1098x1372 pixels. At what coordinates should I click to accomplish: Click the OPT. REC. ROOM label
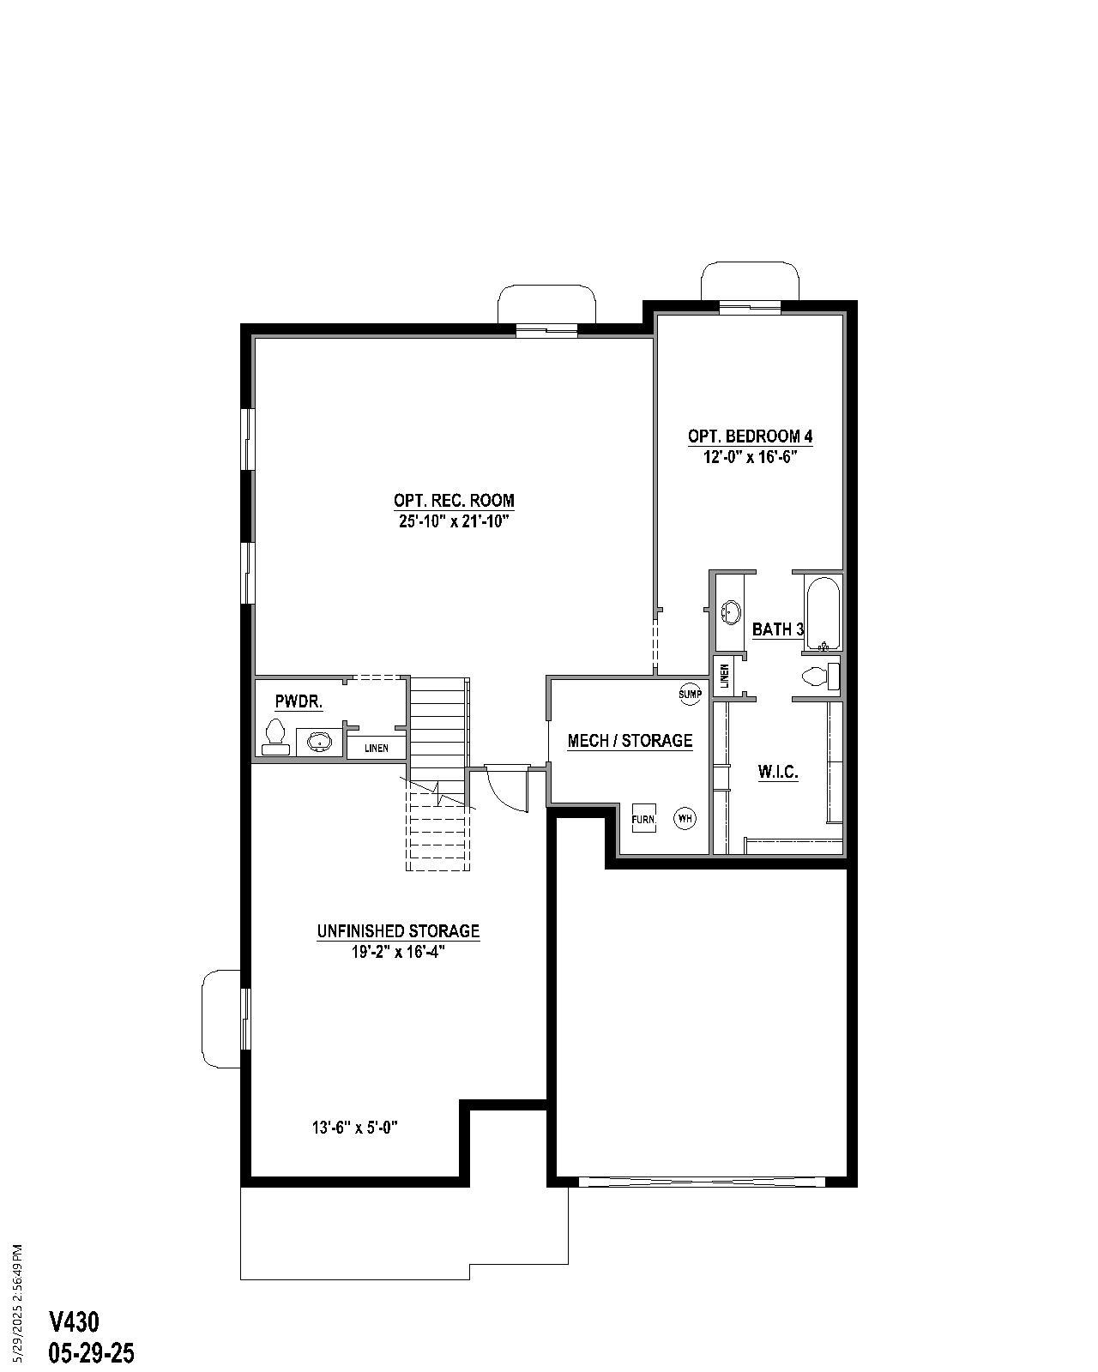(x=454, y=500)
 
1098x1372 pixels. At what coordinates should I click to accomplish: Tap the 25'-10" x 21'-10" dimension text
(x=454, y=521)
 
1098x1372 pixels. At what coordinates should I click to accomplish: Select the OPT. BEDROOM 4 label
(x=750, y=436)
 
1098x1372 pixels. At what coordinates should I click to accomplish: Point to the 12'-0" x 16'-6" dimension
(x=750, y=457)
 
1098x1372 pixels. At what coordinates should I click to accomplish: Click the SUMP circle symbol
(x=691, y=694)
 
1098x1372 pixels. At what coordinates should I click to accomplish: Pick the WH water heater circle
(x=685, y=818)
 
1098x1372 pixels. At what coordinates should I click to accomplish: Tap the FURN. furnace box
(x=643, y=819)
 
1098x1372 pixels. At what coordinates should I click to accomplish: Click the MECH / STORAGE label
(x=630, y=741)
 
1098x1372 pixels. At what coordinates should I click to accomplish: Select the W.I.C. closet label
(x=778, y=773)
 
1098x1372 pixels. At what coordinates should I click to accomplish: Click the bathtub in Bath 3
(x=823, y=613)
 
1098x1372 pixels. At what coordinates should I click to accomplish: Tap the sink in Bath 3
(x=731, y=612)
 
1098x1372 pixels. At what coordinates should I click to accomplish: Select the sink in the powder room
(x=319, y=742)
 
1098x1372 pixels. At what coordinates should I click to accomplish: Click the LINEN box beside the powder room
(x=376, y=748)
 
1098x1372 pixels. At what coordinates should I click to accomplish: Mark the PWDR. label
(x=299, y=702)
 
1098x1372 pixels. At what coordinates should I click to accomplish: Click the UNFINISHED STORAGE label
(x=398, y=931)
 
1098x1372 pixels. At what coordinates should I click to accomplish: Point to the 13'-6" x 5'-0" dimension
(x=355, y=1128)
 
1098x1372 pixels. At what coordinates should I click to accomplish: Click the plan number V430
(x=74, y=1321)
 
